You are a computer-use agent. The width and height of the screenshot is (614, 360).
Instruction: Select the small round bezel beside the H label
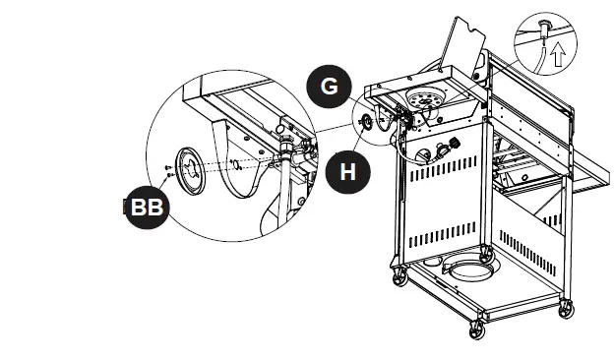tap(368, 121)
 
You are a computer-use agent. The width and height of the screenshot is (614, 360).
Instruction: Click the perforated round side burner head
tap(426, 98)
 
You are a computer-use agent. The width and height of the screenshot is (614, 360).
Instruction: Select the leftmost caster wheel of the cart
tap(399, 278)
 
